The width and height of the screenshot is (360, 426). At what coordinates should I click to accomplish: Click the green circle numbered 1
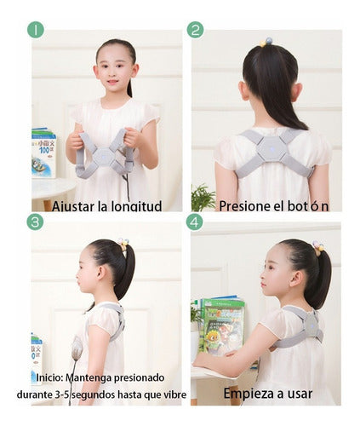point(36,30)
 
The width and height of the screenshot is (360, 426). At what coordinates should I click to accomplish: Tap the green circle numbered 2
point(196,30)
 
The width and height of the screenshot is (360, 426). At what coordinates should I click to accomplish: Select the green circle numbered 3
point(35,222)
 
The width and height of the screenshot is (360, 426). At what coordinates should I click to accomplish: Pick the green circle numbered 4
point(195,222)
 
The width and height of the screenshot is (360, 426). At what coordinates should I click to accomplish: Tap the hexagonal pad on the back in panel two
point(271,149)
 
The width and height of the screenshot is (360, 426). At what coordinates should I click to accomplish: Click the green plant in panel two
point(202,197)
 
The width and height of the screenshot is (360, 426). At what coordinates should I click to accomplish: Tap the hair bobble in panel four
point(318,248)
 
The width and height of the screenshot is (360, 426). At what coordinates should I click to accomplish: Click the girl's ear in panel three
point(100,273)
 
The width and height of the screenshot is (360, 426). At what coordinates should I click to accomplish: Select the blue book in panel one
point(43,153)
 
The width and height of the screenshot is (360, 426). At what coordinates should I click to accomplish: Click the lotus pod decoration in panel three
point(77,350)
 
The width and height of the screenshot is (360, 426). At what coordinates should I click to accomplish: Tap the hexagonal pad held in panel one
point(105,156)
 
